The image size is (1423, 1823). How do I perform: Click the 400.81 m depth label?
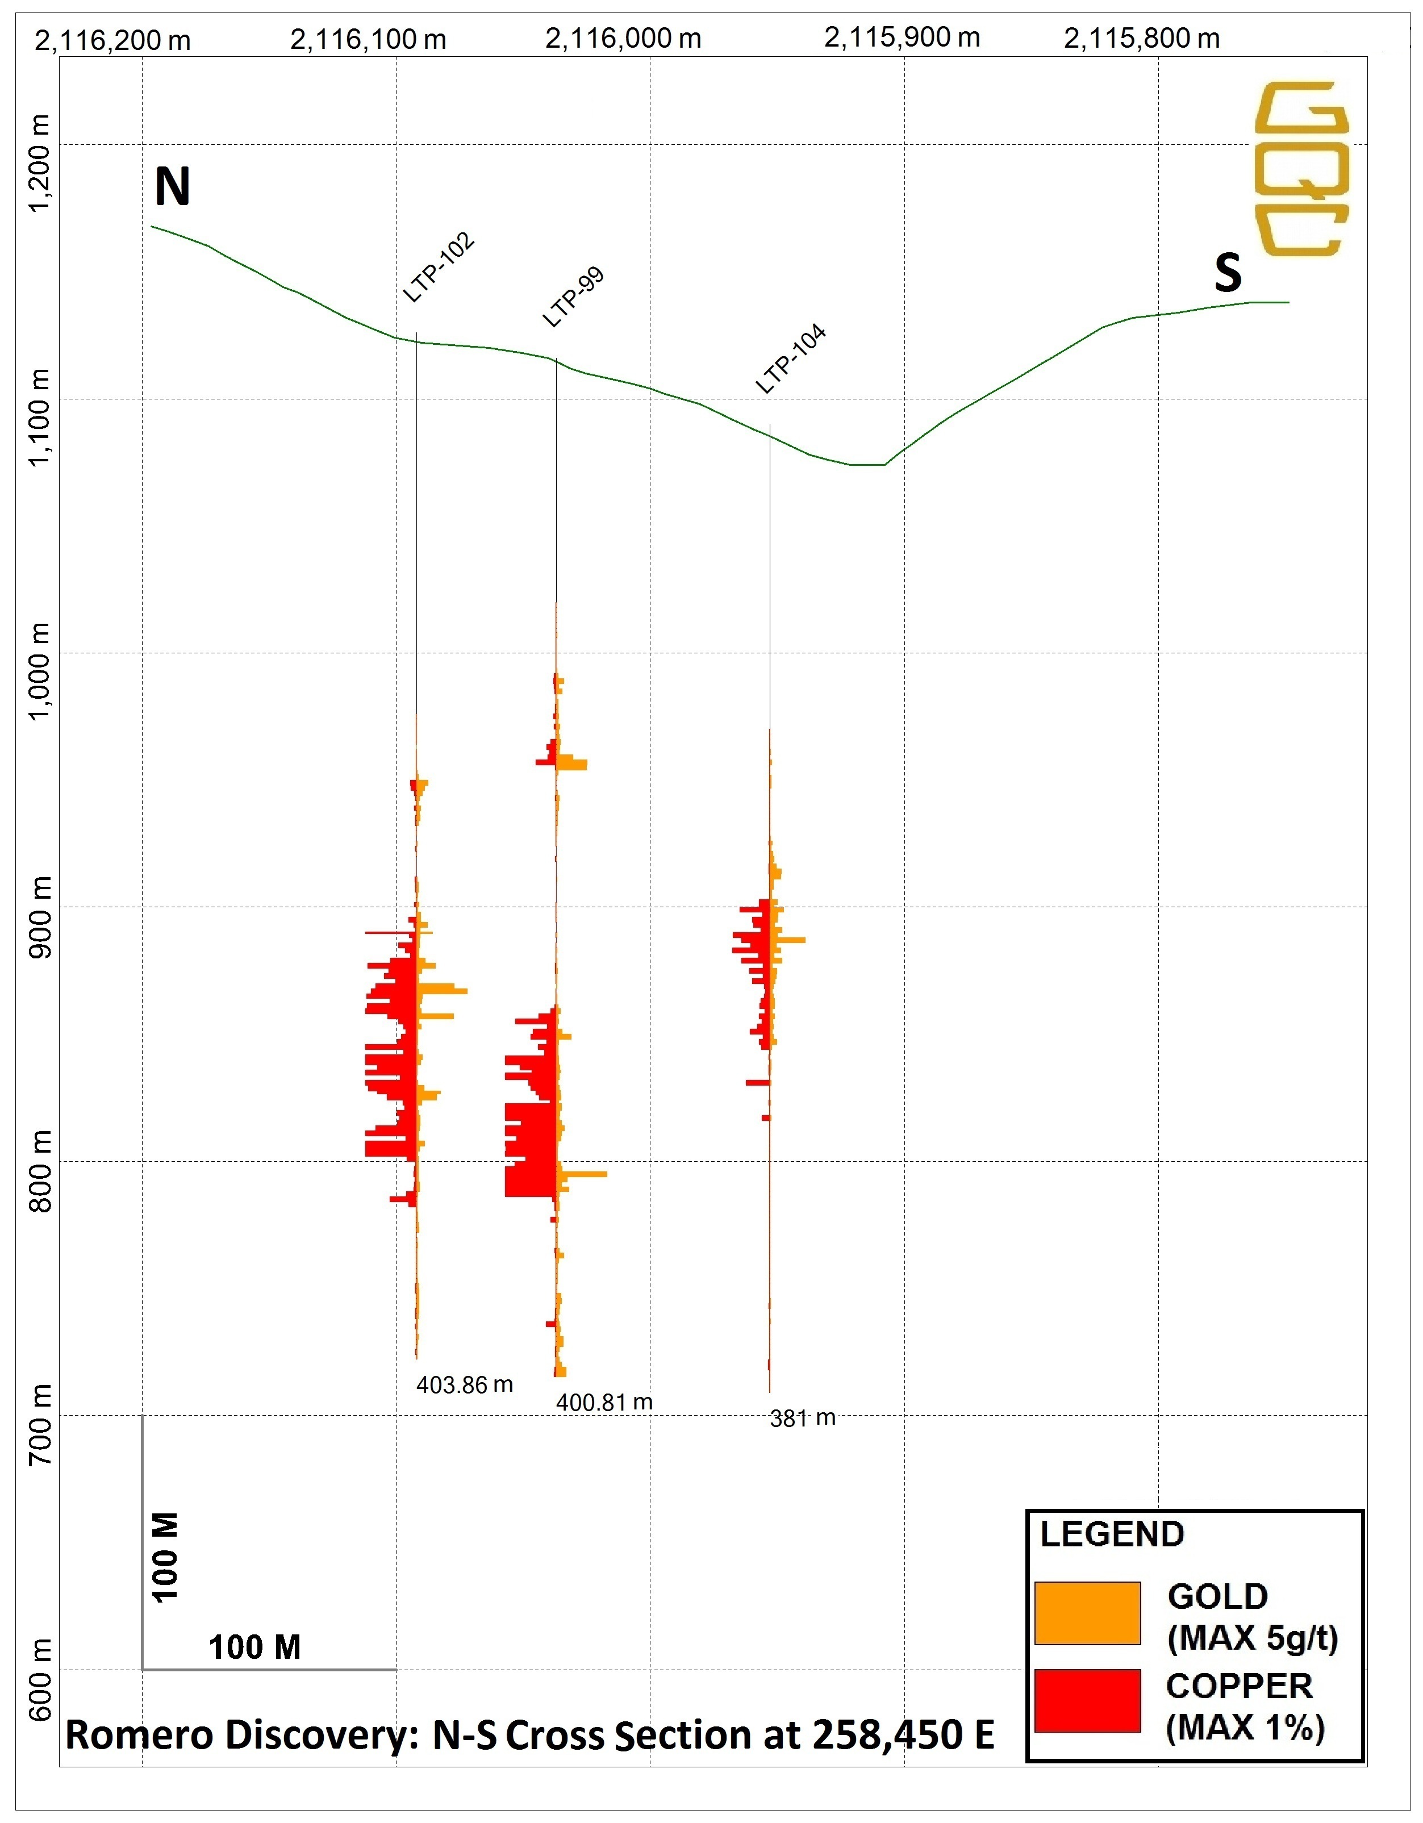click(x=604, y=1402)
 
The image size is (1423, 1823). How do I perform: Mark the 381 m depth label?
click(x=802, y=1418)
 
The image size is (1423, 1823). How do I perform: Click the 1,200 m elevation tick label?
click(x=39, y=164)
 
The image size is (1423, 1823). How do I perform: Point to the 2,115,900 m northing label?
click(x=902, y=37)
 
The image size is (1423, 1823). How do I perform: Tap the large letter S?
click(x=1228, y=273)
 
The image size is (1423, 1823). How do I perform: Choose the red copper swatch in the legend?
click(x=1087, y=1700)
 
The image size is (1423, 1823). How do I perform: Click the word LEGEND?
click(x=1112, y=1534)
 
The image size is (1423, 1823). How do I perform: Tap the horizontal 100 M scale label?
click(x=254, y=1647)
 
